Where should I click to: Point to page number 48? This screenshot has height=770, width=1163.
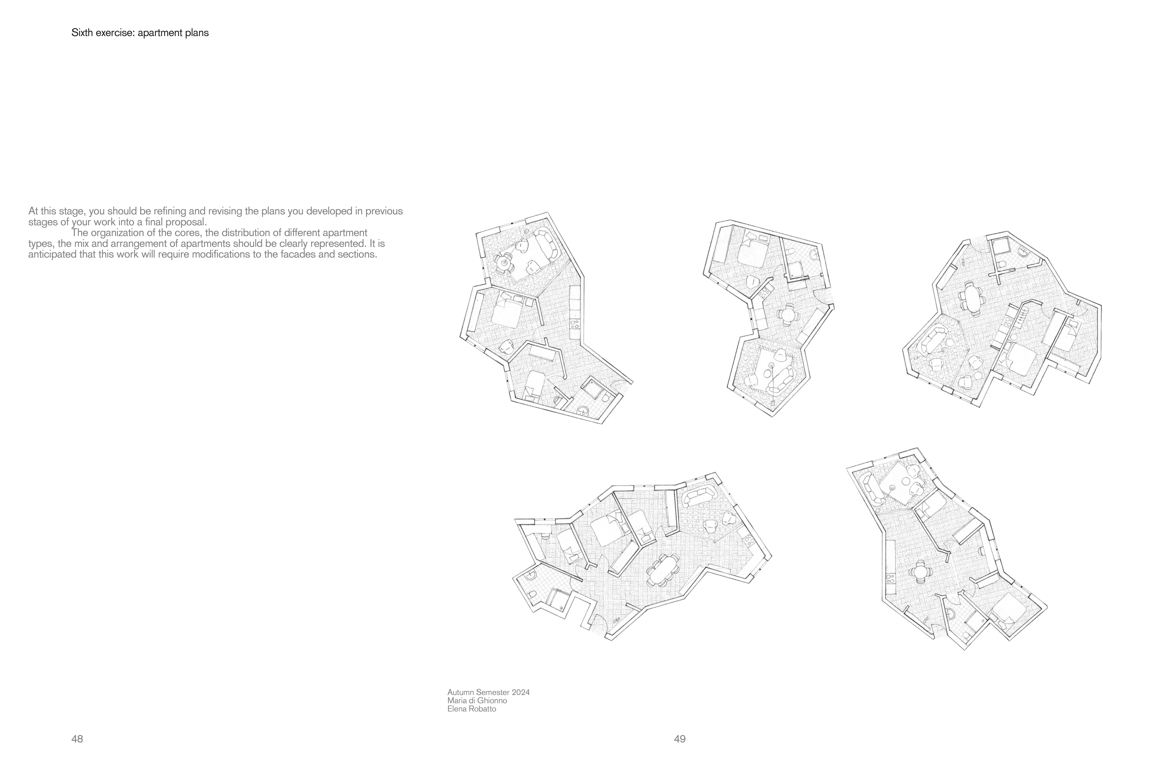(77, 739)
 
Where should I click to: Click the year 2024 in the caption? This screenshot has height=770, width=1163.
(521, 692)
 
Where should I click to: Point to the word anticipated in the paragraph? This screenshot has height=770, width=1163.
(53, 255)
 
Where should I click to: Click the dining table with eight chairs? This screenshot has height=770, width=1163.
(663, 570)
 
